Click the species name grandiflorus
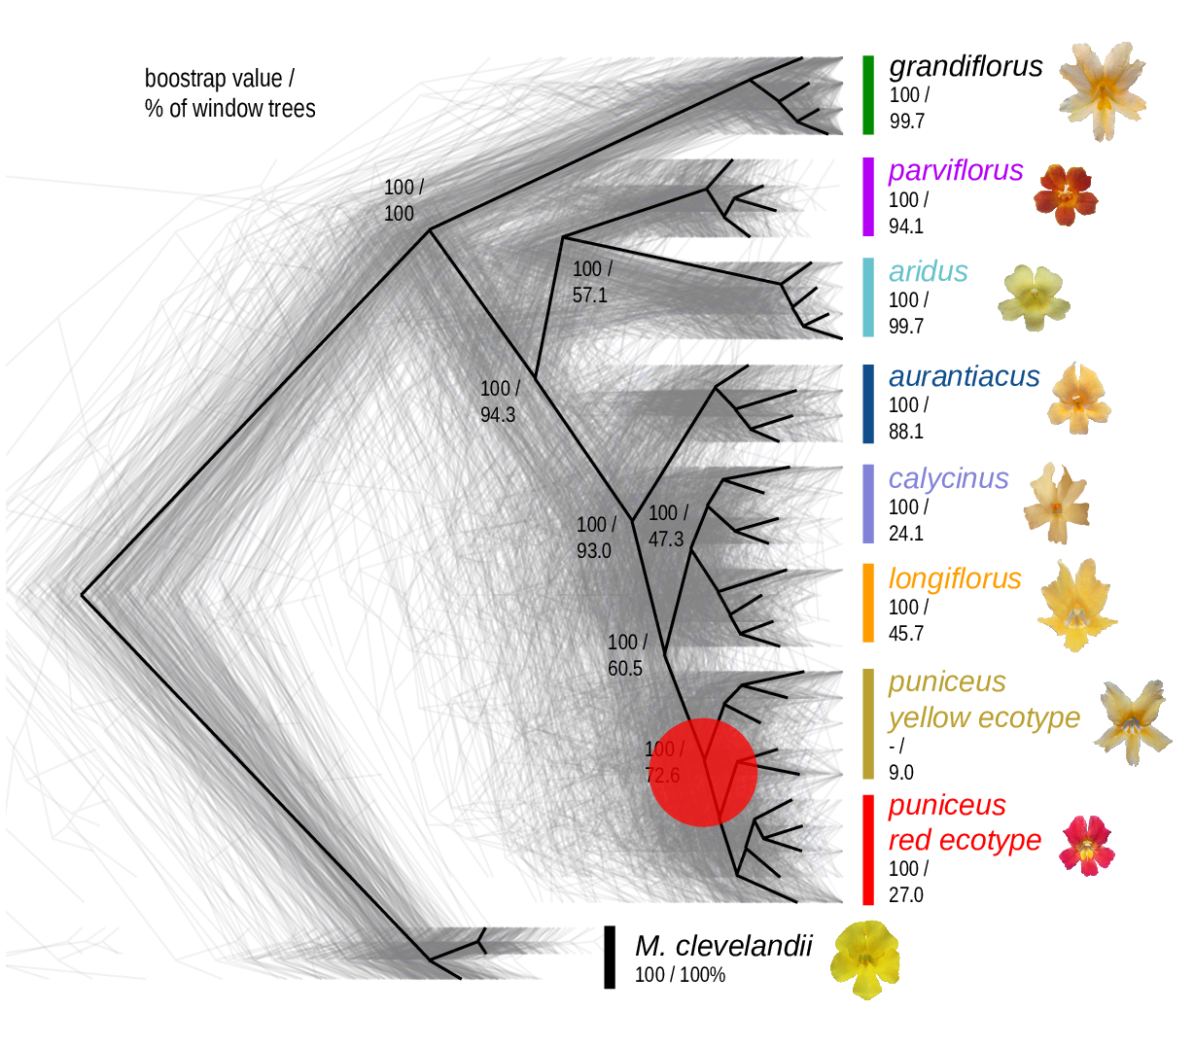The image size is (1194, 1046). [965, 66]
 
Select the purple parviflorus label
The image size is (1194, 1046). [955, 170]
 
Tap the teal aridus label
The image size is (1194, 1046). [928, 271]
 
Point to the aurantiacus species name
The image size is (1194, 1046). [964, 376]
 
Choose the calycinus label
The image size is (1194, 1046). [948, 478]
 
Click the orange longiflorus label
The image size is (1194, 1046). [954, 578]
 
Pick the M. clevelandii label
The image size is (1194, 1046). [722, 946]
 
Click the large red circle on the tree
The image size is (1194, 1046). [703, 772]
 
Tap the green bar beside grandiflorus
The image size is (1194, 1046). [868, 94]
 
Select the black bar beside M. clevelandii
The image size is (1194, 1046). [610, 957]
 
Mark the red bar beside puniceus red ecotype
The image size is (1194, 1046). [868, 850]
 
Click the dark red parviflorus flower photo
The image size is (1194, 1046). [1066, 194]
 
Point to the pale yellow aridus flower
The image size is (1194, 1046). [1034, 297]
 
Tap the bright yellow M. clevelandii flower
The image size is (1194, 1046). [864, 959]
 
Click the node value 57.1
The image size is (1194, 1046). [589, 295]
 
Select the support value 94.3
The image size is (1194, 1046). [498, 415]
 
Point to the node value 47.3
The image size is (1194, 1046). [666, 539]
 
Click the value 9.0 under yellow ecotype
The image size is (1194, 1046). [901, 773]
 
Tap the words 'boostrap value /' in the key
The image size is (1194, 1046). [219, 79]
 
